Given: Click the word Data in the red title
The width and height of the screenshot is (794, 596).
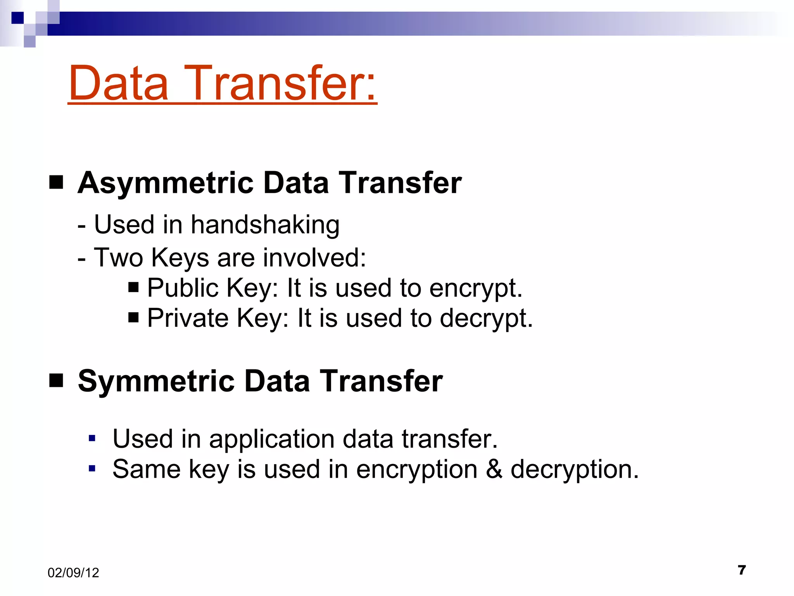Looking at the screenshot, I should point(119,83).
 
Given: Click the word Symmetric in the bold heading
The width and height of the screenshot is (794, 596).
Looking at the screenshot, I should point(156,381).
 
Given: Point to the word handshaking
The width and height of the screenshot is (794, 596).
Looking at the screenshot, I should point(265,225).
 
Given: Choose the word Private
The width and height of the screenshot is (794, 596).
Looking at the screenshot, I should point(188,319).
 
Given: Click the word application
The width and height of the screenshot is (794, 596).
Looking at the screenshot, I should point(271,440).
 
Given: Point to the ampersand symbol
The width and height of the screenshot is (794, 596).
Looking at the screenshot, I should point(494,469).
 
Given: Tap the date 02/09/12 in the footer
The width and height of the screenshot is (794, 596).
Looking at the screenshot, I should point(73,573).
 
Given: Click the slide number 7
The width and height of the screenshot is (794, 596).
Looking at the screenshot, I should point(742,570).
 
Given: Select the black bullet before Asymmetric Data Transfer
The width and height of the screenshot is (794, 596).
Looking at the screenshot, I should point(56,182).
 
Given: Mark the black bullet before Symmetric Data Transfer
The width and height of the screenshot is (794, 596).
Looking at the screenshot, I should point(56,381).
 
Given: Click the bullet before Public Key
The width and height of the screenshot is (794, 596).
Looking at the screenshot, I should point(133,288).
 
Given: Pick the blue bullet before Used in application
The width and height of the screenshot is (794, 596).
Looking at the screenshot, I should point(92,438).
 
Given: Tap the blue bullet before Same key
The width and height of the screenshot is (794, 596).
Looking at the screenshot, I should point(92,468).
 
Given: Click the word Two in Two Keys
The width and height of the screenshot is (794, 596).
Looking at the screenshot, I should point(118,258).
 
